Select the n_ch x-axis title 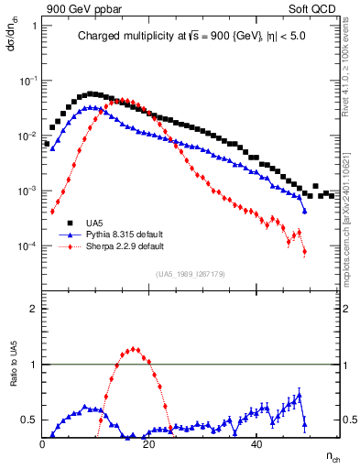(333, 455)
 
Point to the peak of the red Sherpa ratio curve (135, 348)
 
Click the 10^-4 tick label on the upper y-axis (29, 246)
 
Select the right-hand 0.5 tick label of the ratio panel (349, 420)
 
